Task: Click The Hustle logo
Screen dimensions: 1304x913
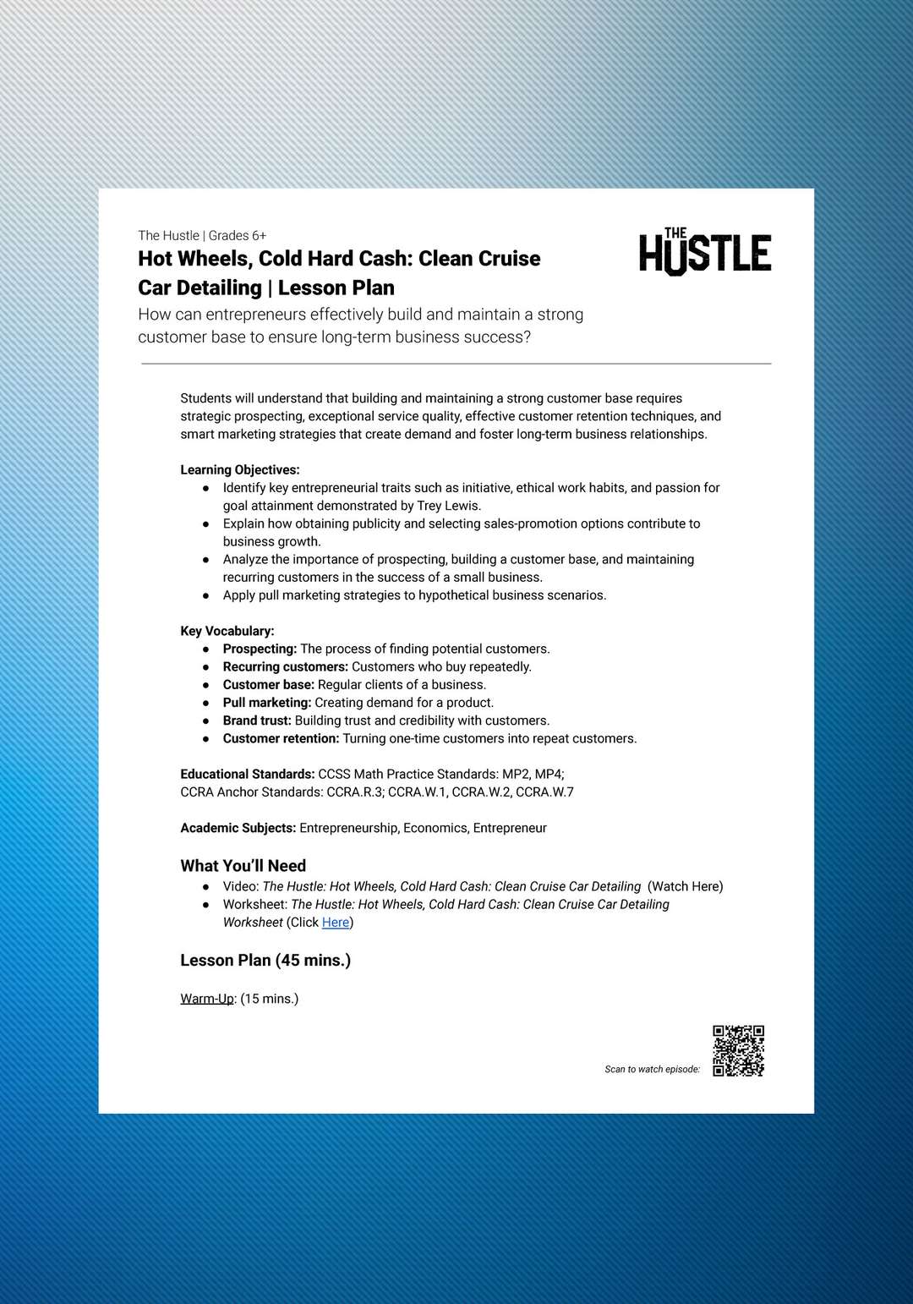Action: click(705, 252)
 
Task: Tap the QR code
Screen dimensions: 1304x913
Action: click(738, 1050)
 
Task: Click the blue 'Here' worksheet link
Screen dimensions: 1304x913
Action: click(336, 923)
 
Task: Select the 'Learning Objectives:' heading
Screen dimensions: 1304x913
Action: click(240, 470)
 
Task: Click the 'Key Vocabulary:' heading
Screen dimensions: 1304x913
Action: click(227, 631)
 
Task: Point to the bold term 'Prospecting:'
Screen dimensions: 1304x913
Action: click(260, 649)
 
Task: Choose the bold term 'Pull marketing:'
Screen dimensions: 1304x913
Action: click(267, 703)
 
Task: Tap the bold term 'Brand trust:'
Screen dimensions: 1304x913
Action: click(257, 720)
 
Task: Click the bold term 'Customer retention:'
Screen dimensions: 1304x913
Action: click(281, 738)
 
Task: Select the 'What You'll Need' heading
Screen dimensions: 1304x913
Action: click(243, 866)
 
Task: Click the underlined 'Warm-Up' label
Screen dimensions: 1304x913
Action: click(207, 999)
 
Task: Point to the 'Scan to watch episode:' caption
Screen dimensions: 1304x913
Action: click(652, 1070)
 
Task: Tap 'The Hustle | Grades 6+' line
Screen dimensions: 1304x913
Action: click(202, 236)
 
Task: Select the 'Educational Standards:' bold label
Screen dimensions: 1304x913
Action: click(247, 774)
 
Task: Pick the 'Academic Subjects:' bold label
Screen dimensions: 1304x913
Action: click(238, 828)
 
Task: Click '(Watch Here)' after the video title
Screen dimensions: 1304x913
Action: click(685, 886)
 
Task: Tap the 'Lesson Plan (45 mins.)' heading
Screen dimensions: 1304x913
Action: click(265, 961)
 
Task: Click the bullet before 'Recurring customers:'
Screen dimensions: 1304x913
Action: click(205, 667)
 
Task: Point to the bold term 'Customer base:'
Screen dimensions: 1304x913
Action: click(268, 685)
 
